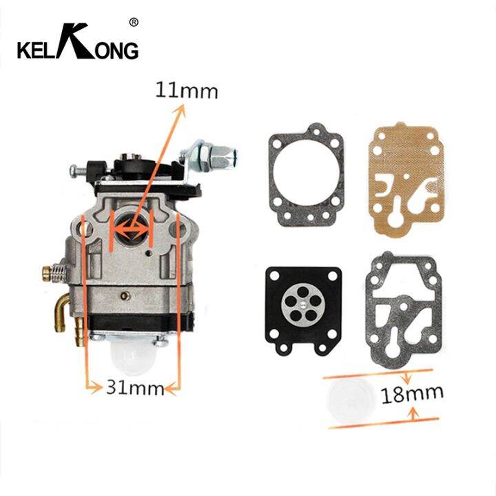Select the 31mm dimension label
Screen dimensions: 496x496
coord(131,387)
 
